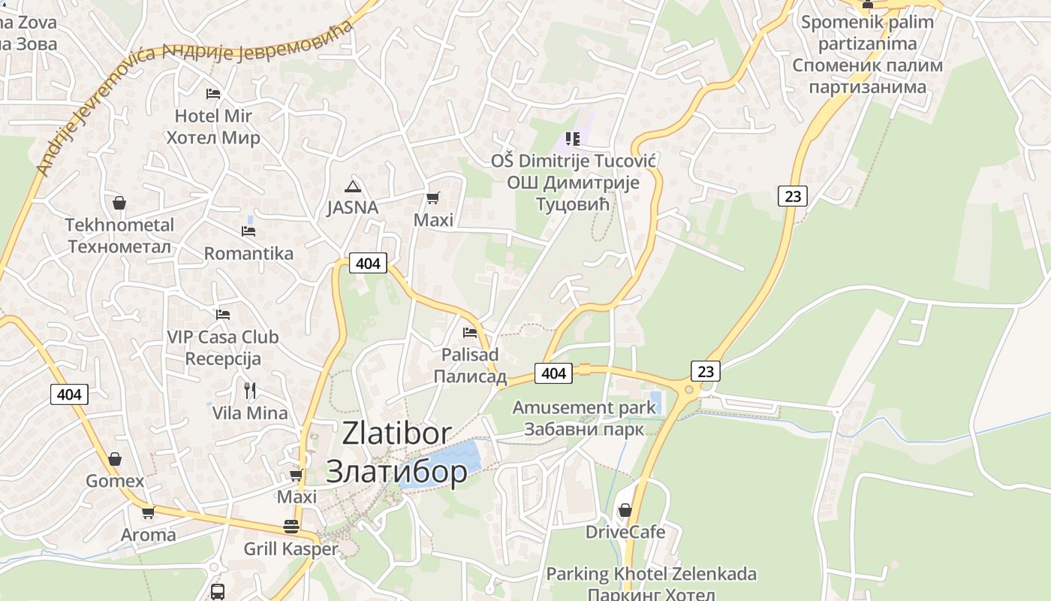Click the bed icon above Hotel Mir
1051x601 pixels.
[x=213, y=94]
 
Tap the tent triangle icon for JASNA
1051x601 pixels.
[x=352, y=186]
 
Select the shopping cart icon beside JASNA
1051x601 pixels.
[x=432, y=198]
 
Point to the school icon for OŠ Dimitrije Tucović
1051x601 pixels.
[x=573, y=138]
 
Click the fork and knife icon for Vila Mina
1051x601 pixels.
[x=250, y=390]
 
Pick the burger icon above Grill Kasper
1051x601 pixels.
[x=291, y=526]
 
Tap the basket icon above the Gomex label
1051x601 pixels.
[x=115, y=458]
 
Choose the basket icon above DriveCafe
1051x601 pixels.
[x=625, y=510]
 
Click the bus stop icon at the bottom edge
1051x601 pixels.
[x=217, y=591]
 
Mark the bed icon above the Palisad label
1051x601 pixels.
[x=470, y=332]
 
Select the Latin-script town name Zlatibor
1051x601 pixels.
[x=396, y=433]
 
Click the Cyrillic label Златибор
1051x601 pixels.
[x=396, y=471]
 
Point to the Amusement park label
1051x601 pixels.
[x=584, y=408]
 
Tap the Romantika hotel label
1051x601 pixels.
[x=248, y=253]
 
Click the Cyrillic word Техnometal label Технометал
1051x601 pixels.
[x=119, y=246]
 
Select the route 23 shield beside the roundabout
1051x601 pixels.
[x=705, y=370]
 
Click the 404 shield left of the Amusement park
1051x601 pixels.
[x=553, y=373]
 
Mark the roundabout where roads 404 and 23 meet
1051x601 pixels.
[x=689, y=388]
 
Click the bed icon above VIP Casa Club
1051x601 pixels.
[x=223, y=314]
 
